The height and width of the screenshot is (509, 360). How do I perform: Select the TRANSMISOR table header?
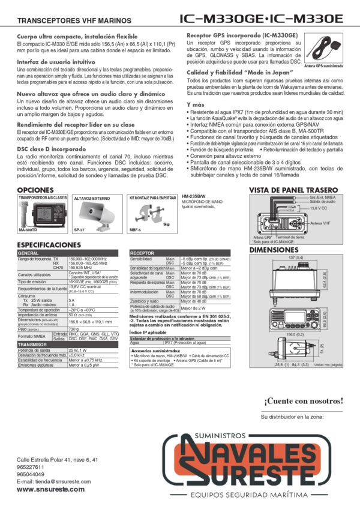pos(33,345)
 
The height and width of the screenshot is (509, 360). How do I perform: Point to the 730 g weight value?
pos(75,329)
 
